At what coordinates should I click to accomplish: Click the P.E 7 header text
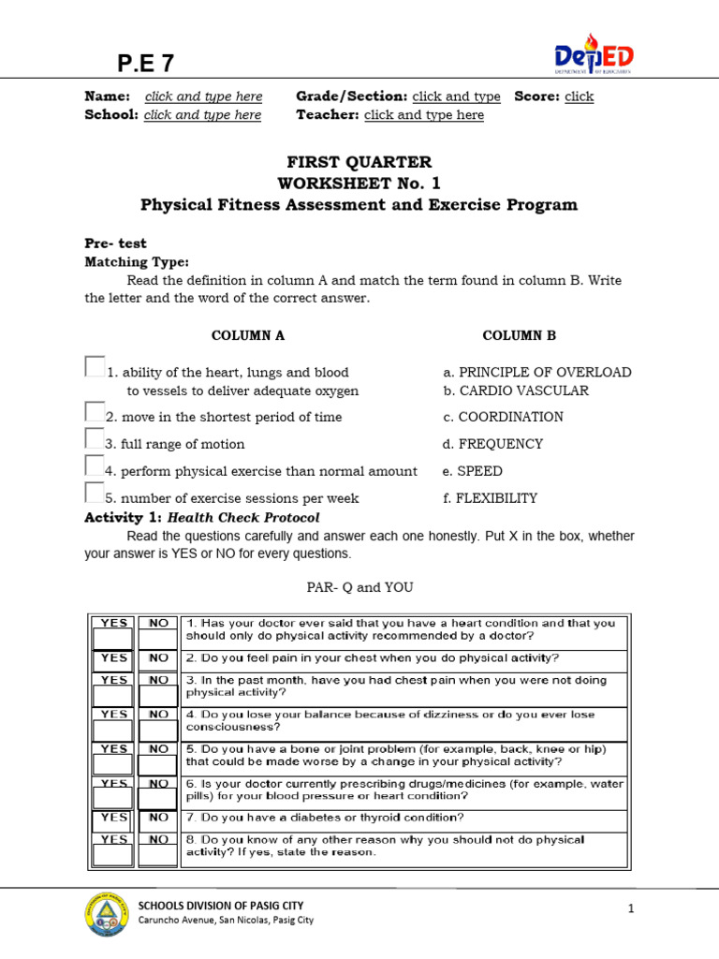point(145,64)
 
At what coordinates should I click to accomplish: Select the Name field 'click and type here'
point(203,96)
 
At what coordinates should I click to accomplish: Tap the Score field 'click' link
point(579,96)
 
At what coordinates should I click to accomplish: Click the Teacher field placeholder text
point(423,115)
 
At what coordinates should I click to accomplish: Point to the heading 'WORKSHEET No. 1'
point(359,183)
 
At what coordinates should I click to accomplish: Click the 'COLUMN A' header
point(248,335)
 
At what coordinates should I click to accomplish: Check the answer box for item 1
point(95,366)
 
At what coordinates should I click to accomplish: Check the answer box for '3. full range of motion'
point(95,438)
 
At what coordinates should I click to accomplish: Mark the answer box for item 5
point(95,493)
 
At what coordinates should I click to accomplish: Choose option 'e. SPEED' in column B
point(473,471)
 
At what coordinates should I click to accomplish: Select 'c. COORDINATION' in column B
point(504,417)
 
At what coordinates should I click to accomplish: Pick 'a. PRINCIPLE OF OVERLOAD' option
point(537,372)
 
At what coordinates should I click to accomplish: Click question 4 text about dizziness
point(390,720)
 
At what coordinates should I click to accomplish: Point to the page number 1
point(632,908)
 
